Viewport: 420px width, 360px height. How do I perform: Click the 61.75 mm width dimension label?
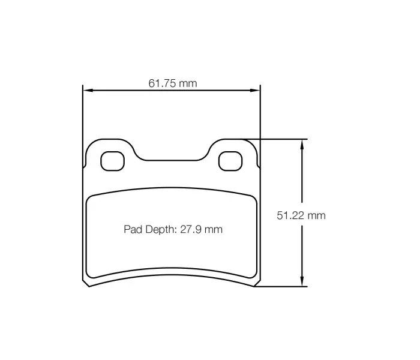172,83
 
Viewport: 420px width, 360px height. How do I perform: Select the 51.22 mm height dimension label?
301,215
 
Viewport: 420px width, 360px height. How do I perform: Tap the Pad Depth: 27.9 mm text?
173,229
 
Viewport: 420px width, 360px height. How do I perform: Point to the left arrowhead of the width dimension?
86,91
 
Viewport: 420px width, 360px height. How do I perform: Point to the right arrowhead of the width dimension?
257,91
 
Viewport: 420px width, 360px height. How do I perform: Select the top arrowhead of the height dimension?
302,143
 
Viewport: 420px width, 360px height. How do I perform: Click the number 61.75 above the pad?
161,83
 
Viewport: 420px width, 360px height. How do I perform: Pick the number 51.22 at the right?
290,215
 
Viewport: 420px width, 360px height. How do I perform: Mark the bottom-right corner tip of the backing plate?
254,286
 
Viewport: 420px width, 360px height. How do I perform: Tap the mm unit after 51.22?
316,215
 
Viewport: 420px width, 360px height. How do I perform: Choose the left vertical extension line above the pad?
82,114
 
